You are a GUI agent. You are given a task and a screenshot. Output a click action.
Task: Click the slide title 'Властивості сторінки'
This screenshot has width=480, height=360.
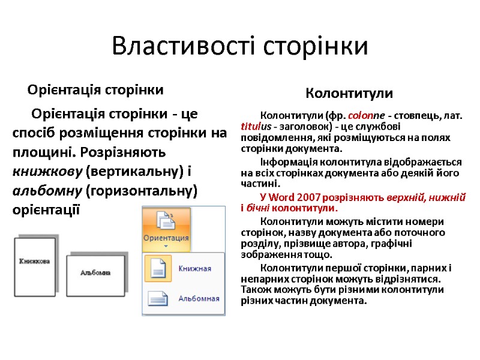coord(239,47)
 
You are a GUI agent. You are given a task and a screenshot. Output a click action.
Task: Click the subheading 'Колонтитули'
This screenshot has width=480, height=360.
coord(349,94)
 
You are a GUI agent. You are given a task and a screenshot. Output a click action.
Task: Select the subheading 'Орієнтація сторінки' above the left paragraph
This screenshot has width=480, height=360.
coord(95,91)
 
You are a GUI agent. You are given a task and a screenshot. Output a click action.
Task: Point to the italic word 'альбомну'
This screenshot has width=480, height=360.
coord(47,191)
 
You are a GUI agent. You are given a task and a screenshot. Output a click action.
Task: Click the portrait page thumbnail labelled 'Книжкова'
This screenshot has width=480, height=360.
coord(34,262)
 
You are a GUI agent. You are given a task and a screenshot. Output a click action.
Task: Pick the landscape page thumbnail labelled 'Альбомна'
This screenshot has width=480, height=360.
coord(95,272)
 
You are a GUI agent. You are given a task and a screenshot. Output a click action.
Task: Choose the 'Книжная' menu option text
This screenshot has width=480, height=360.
coord(194,268)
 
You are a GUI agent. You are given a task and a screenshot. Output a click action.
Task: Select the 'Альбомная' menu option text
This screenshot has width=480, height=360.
coord(199,298)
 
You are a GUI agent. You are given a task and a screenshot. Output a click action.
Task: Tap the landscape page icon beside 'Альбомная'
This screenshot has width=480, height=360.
coord(158,298)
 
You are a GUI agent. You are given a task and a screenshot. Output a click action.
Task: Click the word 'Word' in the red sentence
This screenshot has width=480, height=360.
coord(283,197)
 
